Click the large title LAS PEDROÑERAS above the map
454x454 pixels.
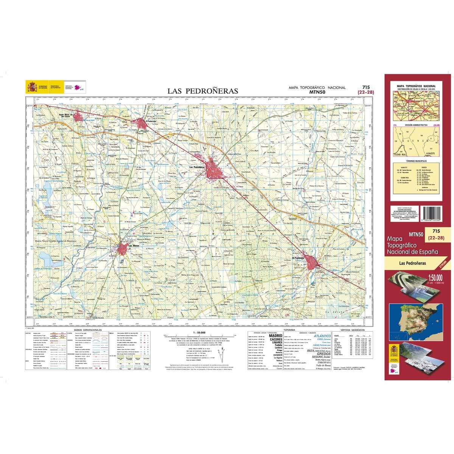click(203, 91)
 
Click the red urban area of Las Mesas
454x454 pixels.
click(123, 249)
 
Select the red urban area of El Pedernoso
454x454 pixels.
click(142, 123)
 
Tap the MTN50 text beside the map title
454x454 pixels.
click(317, 92)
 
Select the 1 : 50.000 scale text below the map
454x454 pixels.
click(199, 332)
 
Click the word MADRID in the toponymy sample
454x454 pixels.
click(275, 335)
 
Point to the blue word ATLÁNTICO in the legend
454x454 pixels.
click(322, 336)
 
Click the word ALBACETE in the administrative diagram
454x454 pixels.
click(429, 153)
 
